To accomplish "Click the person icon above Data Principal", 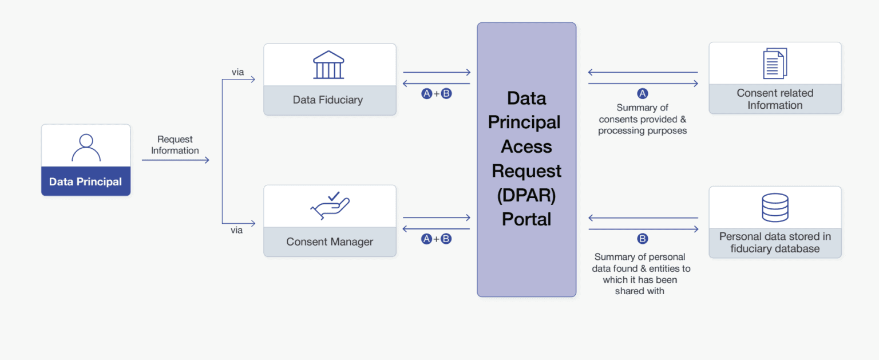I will tap(86, 147).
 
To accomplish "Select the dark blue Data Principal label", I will tap(86, 182).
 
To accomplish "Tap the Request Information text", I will tap(175, 145).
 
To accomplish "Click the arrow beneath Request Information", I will tap(175, 160).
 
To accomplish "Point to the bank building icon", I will tap(329, 65).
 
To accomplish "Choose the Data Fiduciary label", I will tap(328, 100).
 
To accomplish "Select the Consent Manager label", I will tap(330, 242).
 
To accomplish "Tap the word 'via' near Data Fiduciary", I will tap(237, 72).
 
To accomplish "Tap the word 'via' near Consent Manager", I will tap(236, 230).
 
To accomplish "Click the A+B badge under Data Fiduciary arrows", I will tap(437, 94).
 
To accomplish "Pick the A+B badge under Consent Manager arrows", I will tap(437, 239).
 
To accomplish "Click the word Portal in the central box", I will tap(526, 219).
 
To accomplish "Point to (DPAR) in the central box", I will tap(526, 195).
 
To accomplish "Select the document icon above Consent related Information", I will tap(775, 64).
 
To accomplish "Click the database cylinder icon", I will tap(775, 208).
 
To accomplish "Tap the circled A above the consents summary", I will tap(643, 93).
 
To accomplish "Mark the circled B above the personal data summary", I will tap(643, 239).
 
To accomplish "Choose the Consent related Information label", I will tap(775, 99).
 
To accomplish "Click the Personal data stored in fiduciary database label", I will tap(775, 243).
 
